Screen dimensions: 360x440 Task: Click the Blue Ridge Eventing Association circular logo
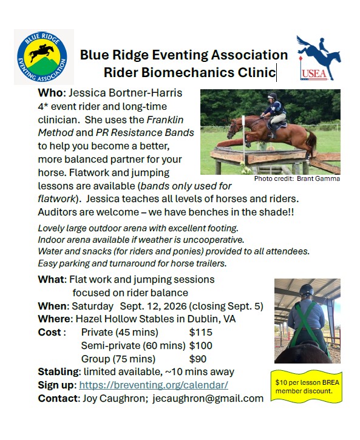coord(42,56)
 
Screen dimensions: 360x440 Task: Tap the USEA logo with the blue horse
coord(319,58)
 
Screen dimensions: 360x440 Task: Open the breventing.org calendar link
coord(154,385)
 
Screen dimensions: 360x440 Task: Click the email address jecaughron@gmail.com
coord(208,398)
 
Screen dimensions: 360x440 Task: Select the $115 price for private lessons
coord(200,332)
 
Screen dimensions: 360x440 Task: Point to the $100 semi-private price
coord(200,345)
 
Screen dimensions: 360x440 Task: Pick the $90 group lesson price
coord(198,359)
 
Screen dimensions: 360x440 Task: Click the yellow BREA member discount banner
coord(307,387)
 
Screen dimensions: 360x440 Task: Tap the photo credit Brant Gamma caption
coord(297,178)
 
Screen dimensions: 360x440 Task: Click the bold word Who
coord(50,93)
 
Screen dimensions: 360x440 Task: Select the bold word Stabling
coord(58,372)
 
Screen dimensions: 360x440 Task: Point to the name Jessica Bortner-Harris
coord(126,93)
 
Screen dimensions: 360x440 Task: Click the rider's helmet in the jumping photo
coord(272,96)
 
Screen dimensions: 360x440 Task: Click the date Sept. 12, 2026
coord(153,306)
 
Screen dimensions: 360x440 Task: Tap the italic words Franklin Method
coord(111,126)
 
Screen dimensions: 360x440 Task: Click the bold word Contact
coord(58,398)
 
